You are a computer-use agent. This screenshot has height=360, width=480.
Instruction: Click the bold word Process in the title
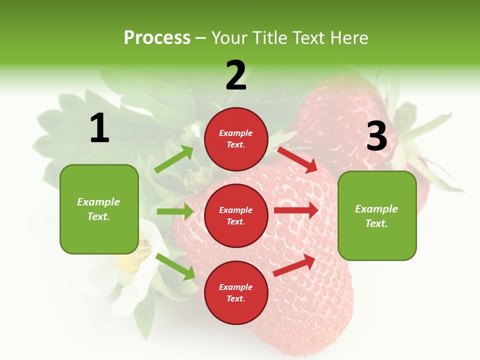click(157, 37)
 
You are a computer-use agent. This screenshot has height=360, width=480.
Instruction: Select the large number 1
click(99, 128)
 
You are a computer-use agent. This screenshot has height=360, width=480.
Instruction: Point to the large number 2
click(236, 75)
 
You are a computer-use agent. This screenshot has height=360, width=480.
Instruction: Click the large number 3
click(376, 136)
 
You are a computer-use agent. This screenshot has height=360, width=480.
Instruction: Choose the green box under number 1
click(99, 209)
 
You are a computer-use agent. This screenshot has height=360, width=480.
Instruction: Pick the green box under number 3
click(377, 215)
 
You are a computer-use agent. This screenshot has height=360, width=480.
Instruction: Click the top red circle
click(236, 139)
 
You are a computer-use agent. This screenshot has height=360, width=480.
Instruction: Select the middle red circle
click(236, 215)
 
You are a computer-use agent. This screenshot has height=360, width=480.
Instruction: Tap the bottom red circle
click(236, 292)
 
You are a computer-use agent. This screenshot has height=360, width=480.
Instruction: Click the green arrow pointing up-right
click(174, 159)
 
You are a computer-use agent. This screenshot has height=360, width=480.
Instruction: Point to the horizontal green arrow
click(175, 211)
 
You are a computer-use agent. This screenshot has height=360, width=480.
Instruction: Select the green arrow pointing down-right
click(175, 266)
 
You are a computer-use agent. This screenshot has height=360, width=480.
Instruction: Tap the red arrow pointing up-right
click(295, 265)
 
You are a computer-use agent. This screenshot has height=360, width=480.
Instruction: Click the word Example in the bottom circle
click(235, 287)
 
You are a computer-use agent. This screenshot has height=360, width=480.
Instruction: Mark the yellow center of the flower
click(135, 255)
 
